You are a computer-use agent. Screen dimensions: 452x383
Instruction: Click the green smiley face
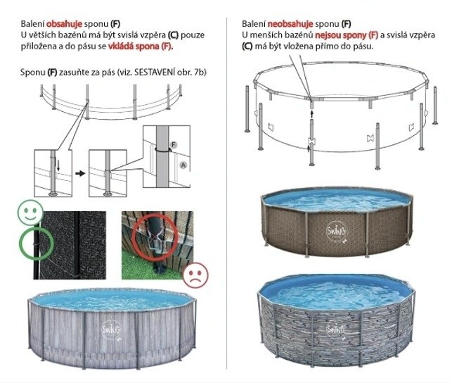click(x=30, y=213)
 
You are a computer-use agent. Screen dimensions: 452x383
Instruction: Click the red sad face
click(x=195, y=275)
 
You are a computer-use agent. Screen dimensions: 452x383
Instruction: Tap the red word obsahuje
click(x=64, y=24)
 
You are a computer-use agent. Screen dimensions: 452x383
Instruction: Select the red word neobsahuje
click(x=290, y=24)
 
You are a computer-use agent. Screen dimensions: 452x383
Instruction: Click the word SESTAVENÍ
click(x=154, y=72)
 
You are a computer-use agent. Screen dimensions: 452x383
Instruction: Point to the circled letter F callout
click(x=173, y=144)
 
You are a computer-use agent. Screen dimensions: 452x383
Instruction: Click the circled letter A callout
click(x=183, y=165)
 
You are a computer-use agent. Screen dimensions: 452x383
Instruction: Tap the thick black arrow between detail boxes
click(x=80, y=173)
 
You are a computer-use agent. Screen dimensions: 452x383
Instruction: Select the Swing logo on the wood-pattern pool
click(x=111, y=329)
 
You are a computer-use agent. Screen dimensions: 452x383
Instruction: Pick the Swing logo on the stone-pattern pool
click(x=336, y=329)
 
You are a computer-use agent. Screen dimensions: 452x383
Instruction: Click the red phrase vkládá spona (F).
click(x=141, y=46)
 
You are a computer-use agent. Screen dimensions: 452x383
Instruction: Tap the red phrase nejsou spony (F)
click(x=347, y=35)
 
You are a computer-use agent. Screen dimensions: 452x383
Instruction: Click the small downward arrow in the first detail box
click(x=58, y=165)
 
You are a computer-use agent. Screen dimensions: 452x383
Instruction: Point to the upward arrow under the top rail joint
click(x=311, y=113)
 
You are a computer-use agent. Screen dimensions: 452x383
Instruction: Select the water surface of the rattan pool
click(x=336, y=199)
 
